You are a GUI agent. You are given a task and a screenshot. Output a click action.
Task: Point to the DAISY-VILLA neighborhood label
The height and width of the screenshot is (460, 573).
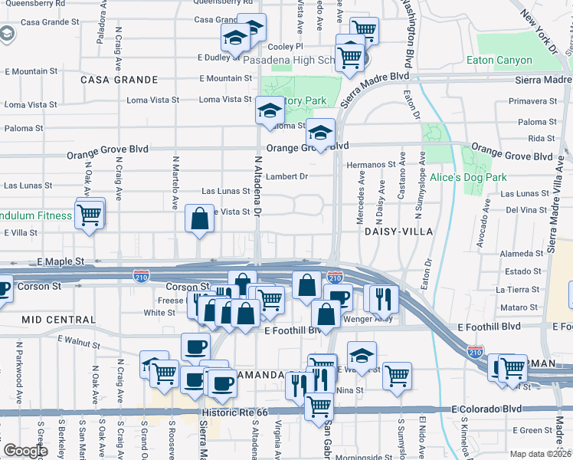tap(398, 231)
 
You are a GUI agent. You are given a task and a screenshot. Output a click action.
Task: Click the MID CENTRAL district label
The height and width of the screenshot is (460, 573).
tap(52, 318)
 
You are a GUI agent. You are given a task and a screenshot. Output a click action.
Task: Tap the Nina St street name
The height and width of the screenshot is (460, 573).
tap(349, 390)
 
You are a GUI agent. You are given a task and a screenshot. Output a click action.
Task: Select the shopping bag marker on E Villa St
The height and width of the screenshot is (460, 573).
tap(199, 219)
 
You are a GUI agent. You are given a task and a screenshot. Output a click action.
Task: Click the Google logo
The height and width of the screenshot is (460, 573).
tap(25, 451)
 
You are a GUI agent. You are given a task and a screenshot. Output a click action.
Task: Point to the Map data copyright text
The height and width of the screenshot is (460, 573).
tap(540, 454)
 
